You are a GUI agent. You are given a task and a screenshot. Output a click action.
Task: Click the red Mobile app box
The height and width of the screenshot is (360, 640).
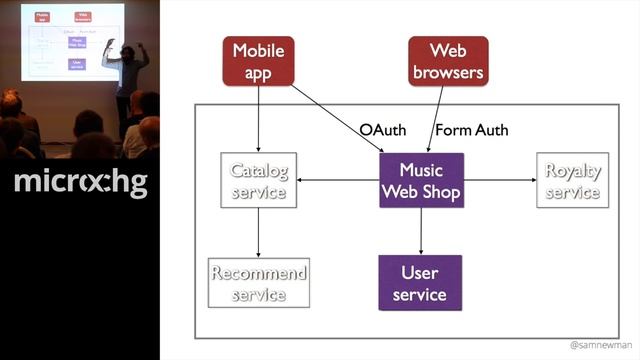pyautogui.click(x=258, y=61)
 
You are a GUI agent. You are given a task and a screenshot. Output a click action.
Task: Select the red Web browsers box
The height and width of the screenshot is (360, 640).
pyautogui.click(x=448, y=61)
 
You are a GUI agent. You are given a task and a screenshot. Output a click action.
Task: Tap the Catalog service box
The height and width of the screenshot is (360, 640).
pyautogui.click(x=259, y=180)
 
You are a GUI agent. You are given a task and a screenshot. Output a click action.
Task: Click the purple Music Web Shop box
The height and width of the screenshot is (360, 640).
pyautogui.click(x=420, y=180)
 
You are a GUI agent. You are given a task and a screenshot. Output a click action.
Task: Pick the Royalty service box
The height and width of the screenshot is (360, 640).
pyautogui.click(x=572, y=180)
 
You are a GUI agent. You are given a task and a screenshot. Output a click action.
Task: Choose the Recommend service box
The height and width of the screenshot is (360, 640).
pyautogui.click(x=259, y=283)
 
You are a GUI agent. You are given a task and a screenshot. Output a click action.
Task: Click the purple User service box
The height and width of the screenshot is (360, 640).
pyautogui.click(x=420, y=283)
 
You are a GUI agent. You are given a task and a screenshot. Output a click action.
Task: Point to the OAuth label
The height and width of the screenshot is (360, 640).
pyautogui.click(x=382, y=130)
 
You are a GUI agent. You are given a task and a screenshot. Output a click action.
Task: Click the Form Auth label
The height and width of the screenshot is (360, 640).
pyautogui.click(x=472, y=130)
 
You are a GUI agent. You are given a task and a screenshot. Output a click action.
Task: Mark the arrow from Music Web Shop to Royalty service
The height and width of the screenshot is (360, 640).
pyautogui.click(x=498, y=180)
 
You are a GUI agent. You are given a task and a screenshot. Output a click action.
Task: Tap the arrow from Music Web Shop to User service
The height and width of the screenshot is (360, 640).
pyautogui.click(x=420, y=230)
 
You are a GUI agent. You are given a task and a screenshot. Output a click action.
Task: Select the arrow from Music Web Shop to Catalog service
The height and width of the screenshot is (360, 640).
pyautogui.click(x=338, y=180)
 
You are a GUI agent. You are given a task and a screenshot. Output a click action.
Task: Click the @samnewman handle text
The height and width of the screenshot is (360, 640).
pyautogui.click(x=600, y=344)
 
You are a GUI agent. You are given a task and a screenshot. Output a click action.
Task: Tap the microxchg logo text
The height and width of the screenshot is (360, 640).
pyautogui.click(x=80, y=184)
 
